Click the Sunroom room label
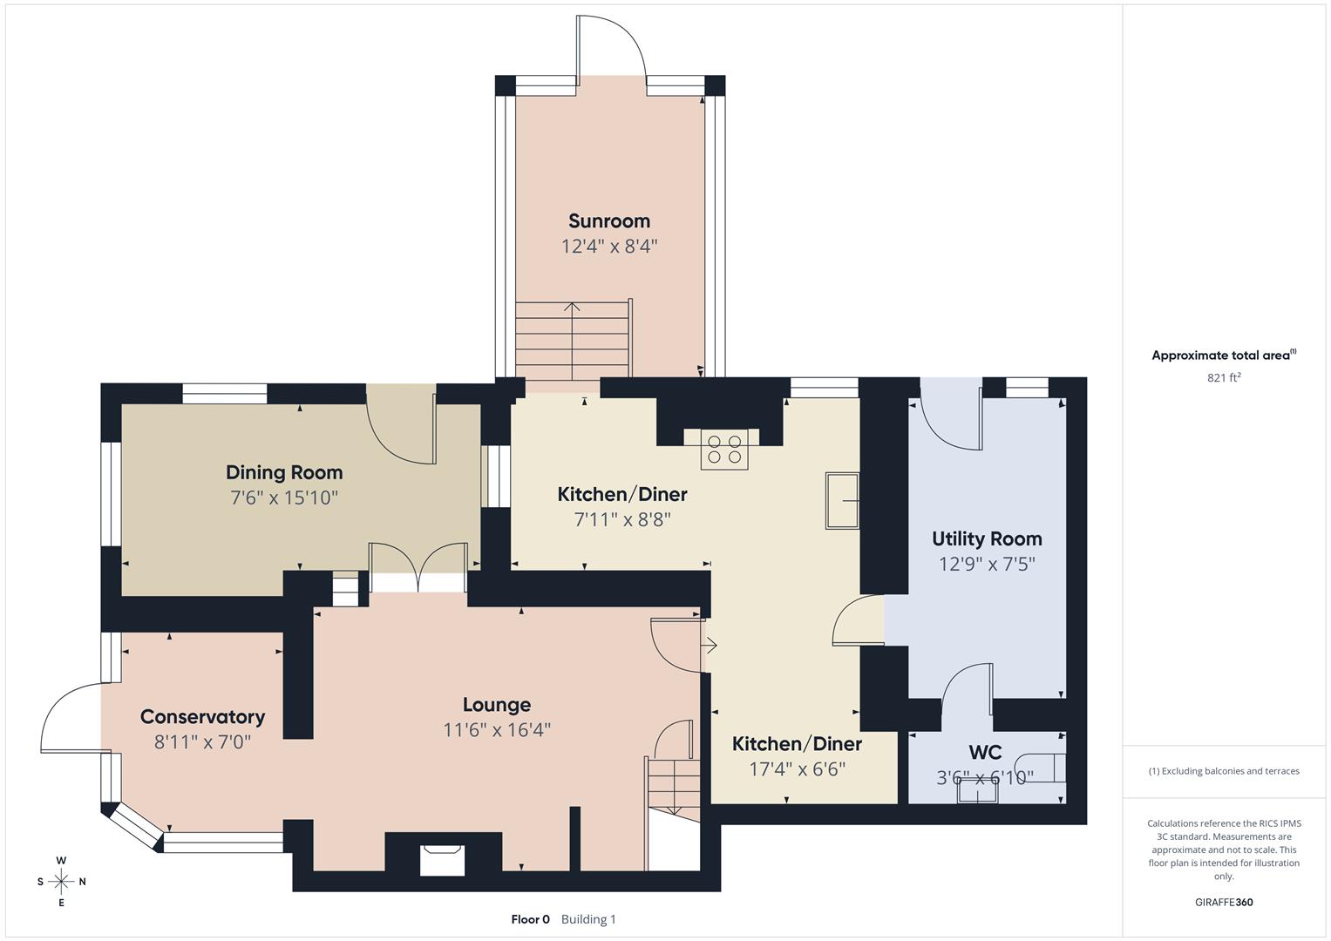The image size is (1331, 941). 608,221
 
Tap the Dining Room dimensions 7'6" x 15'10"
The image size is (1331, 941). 284,498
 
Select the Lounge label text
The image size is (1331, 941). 496,705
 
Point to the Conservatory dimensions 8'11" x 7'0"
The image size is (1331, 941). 202,742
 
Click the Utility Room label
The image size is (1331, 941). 987,538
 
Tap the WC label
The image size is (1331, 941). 985,752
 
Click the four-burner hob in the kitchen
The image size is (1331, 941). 725,449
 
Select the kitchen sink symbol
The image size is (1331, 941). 842,501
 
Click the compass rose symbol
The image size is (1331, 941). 61,882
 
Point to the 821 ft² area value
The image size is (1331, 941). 1224,377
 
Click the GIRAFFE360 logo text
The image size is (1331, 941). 1224,902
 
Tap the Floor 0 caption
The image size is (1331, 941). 530,919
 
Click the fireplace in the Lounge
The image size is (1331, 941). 442,859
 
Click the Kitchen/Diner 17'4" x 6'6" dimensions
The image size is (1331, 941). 797,769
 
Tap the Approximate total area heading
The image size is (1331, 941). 1223,355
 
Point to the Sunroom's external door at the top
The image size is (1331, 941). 610,48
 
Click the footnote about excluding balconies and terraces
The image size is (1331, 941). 1224,771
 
